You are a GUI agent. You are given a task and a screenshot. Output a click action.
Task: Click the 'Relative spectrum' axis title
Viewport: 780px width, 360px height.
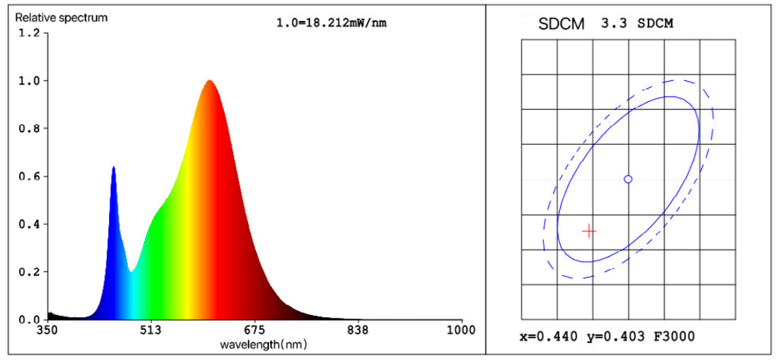62,18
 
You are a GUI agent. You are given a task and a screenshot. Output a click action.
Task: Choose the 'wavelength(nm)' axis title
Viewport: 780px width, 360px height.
264,345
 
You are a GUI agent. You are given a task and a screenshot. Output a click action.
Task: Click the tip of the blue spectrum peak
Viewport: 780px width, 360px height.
113,167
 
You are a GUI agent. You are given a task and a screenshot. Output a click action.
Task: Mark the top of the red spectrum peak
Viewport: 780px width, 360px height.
209,81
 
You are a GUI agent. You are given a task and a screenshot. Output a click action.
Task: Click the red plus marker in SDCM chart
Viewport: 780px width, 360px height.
589,231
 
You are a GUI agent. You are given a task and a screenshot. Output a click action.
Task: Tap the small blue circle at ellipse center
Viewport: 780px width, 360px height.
628,179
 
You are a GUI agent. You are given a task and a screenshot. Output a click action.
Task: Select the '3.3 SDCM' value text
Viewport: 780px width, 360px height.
637,23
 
